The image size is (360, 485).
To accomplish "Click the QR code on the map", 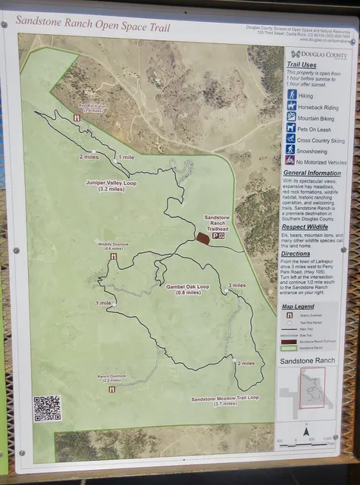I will pyautogui.click(x=47, y=408).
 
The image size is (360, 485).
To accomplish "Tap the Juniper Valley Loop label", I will pyautogui.click(x=111, y=186).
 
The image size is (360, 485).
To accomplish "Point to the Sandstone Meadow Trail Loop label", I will pyautogui.click(x=225, y=401).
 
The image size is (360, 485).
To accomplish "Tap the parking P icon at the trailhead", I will pyautogui.click(x=216, y=237).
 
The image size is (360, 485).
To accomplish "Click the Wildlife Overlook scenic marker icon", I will pyautogui.click(x=113, y=256).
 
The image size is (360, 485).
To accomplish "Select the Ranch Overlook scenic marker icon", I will pyautogui.click(x=112, y=389).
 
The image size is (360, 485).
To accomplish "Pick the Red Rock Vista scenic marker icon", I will pyautogui.click(x=77, y=118).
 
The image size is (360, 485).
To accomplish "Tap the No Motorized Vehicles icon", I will pyautogui.click(x=291, y=161).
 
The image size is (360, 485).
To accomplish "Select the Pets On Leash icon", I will pyautogui.click(x=291, y=128).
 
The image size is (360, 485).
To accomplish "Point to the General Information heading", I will pyautogui.click(x=311, y=173).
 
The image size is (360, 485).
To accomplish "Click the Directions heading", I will pyautogui.click(x=300, y=253).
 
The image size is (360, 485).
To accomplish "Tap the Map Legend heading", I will pyautogui.click(x=298, y=307).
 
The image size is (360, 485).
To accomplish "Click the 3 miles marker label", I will pyautogui.click(x=236, y=286).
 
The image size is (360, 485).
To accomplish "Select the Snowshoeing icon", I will pyautogui.click(x=291, y=149).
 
